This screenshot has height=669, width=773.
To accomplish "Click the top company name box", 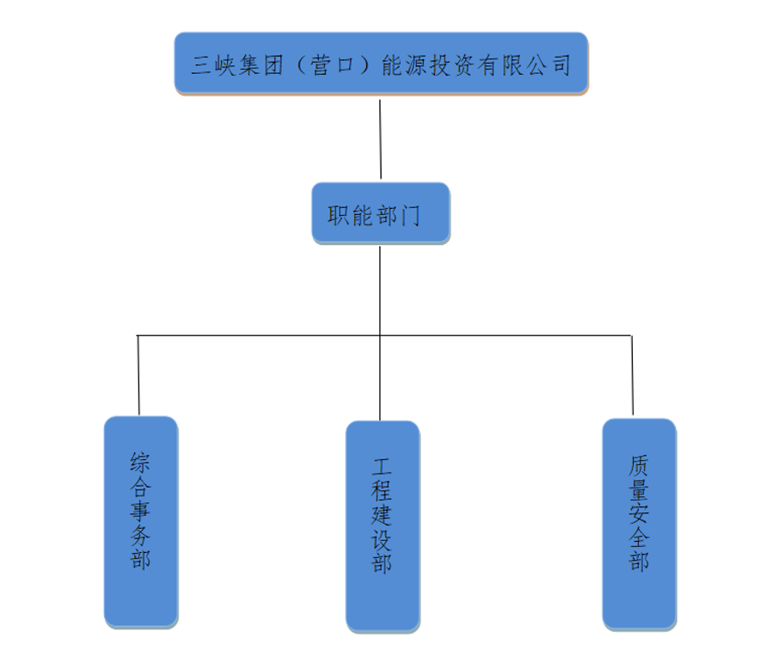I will point(381,64).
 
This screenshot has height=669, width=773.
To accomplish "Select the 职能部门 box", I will point(380,213).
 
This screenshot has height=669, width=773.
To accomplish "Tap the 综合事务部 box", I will point(141,521).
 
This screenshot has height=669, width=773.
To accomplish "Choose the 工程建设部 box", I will point(383,526).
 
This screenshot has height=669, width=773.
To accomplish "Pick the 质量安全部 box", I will point(639,523).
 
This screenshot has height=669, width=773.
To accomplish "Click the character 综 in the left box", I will point(141,463).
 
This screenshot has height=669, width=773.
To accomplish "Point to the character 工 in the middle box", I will point(382,469).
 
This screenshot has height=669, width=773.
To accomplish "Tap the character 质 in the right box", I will point(639,466).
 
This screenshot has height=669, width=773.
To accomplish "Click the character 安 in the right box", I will point(639,514).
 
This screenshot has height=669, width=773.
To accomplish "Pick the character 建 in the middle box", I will point(382,516).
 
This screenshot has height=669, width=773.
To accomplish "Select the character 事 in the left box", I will point(141,512).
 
